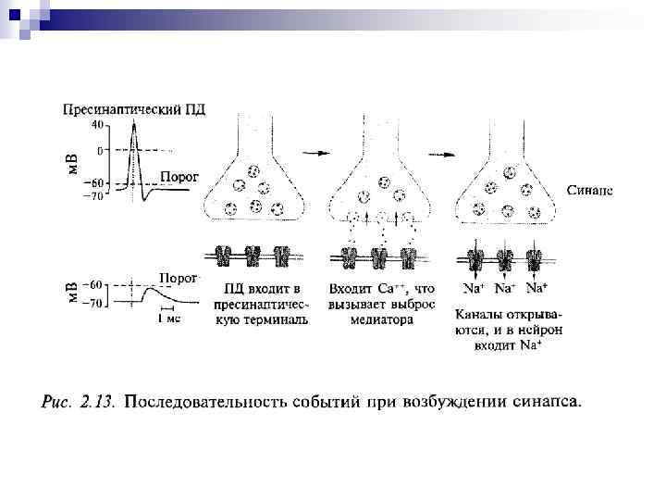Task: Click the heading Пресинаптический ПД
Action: coord(134,108)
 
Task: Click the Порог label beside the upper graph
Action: coord(179,176)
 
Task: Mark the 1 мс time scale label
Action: coord(167,319)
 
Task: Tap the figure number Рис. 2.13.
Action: coord(79,402)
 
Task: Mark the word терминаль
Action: coord(278,320)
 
